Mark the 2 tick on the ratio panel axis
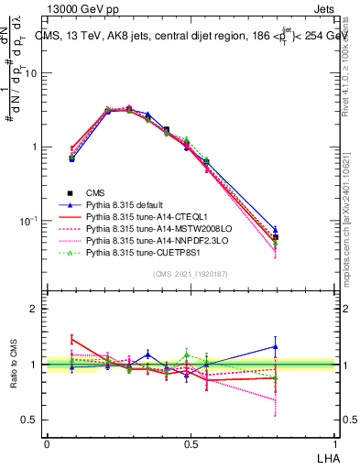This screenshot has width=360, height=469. tap(35, 309)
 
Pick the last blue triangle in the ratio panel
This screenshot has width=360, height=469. tap(276, 346)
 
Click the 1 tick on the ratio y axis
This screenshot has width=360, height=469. tap(35, 365)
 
